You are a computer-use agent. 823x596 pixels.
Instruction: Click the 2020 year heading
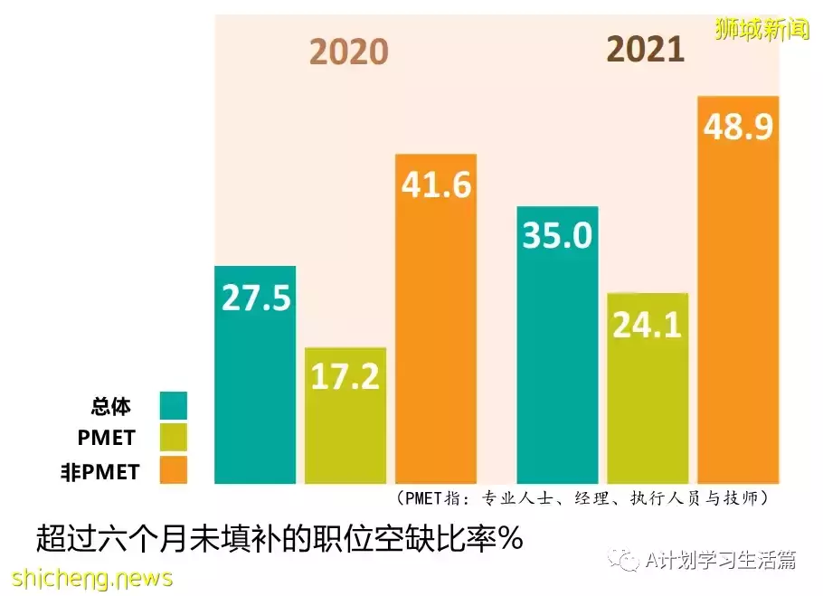[x=348, y=52]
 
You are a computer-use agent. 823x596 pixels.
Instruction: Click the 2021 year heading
[x=645, y=49]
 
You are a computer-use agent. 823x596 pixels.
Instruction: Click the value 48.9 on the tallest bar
[x=738, y=128]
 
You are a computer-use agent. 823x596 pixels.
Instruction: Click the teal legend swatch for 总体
[x=173, y=405]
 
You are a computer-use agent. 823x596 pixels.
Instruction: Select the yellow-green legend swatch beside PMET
[x=173, y=438]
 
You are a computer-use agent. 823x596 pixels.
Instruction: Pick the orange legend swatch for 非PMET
[x=173, y=469]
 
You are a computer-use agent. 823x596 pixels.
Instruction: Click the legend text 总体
[x=111, y=406]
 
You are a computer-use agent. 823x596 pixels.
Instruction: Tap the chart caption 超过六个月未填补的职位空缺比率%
[x=279, y=539]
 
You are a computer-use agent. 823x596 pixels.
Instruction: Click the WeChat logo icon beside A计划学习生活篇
[x=624, y=560]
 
